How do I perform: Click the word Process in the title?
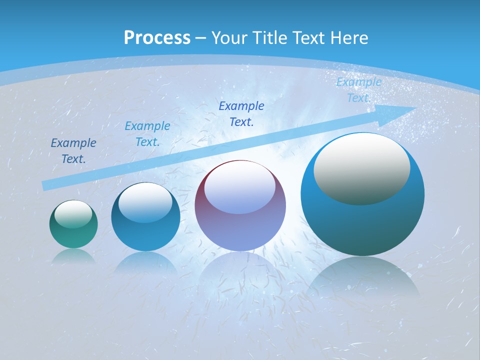(x=157, y=38)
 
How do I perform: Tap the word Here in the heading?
(x=348, y=38)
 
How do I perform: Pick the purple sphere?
(x=240, y=230)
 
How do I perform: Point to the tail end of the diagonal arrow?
(x=46, y=185)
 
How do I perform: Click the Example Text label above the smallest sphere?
(x=73, y=151)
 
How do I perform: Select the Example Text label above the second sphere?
(x=147, y=134)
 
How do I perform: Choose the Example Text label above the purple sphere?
(x=241, y=113)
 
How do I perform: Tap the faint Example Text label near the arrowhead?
(x=358, y=90)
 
